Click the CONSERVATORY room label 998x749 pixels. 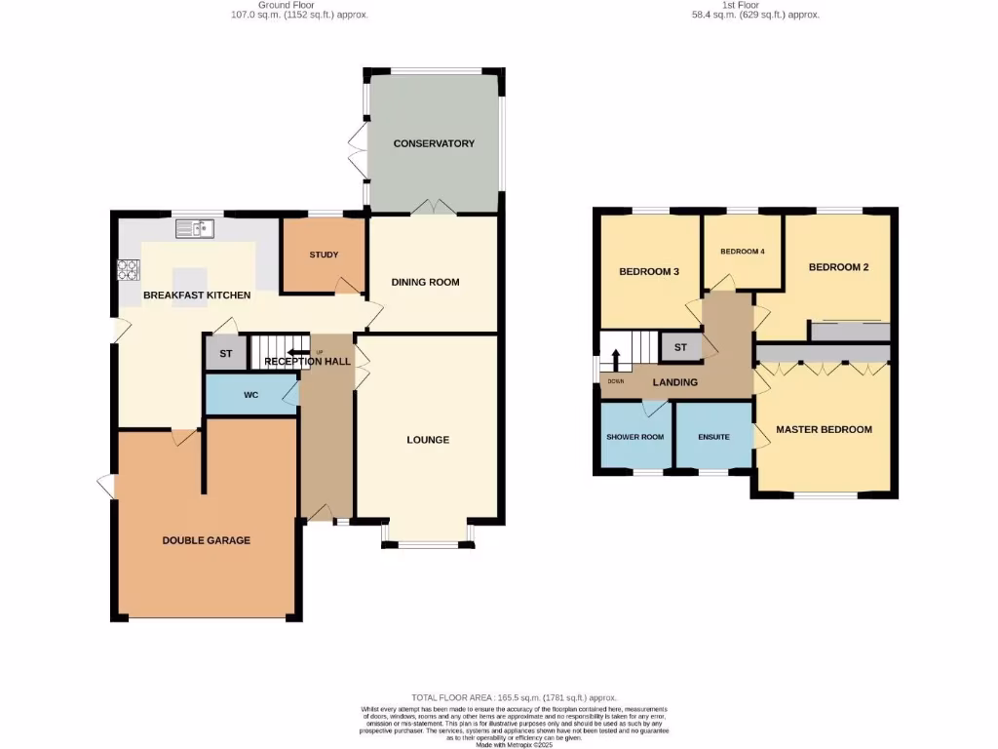pos(434,143)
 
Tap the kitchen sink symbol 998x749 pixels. pos(195,229)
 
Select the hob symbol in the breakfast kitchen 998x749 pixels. pos(128,269)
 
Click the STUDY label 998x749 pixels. pos(324,255)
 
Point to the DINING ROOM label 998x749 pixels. pos(425,282)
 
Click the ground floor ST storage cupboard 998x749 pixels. pos(225,353)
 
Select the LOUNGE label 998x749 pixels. pos(428,440)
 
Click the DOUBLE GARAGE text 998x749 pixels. pos(206,540)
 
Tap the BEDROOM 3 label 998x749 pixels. pos(649,271)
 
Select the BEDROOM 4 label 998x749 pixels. pos(743,252)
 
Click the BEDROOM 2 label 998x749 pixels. pos(838,267)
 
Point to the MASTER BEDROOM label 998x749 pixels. pos(824,429)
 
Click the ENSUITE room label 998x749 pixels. pos(713,437)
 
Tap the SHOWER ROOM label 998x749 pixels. pos(634,437)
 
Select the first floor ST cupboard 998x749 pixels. pos(680,346)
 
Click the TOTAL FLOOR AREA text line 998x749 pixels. pos(515,697)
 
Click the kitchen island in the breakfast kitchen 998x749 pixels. pos(190,277)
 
